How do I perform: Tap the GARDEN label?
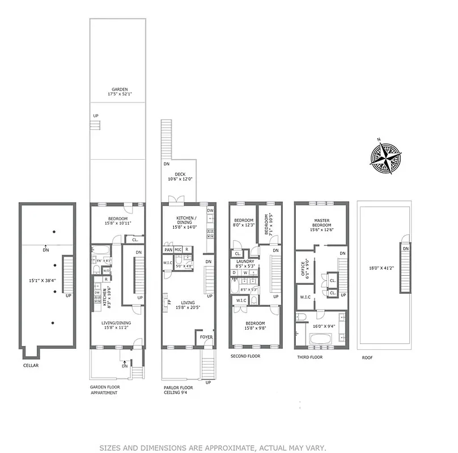pos(119,89)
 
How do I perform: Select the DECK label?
pos(180,174)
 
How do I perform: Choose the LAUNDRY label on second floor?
pos(245,261)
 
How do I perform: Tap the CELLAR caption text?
pos(31,365)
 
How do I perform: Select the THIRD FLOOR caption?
pos(310,357)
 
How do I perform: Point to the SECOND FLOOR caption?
pos(245,356)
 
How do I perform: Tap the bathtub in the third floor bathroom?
pos(321,340)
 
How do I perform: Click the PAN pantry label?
pos(168,250)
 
